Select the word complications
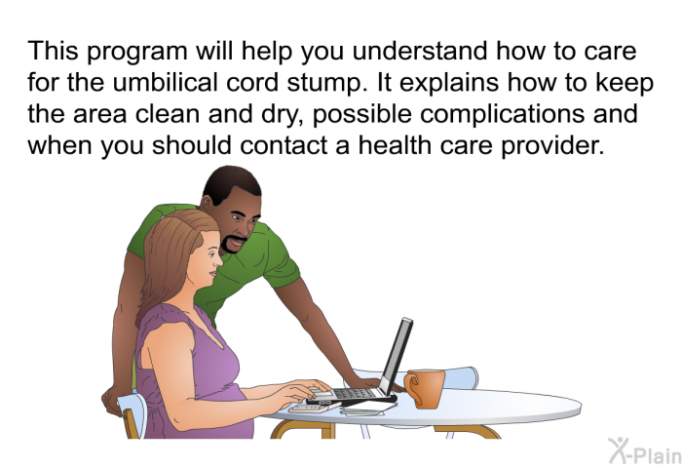click(503, 115)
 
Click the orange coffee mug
click(424, 389)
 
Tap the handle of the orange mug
click(410, 388)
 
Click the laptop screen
click(397, 355)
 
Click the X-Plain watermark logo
click(645, 450)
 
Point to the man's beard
click(231, 244)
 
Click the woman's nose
click(218, 260)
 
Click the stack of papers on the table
click(367, 408)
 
